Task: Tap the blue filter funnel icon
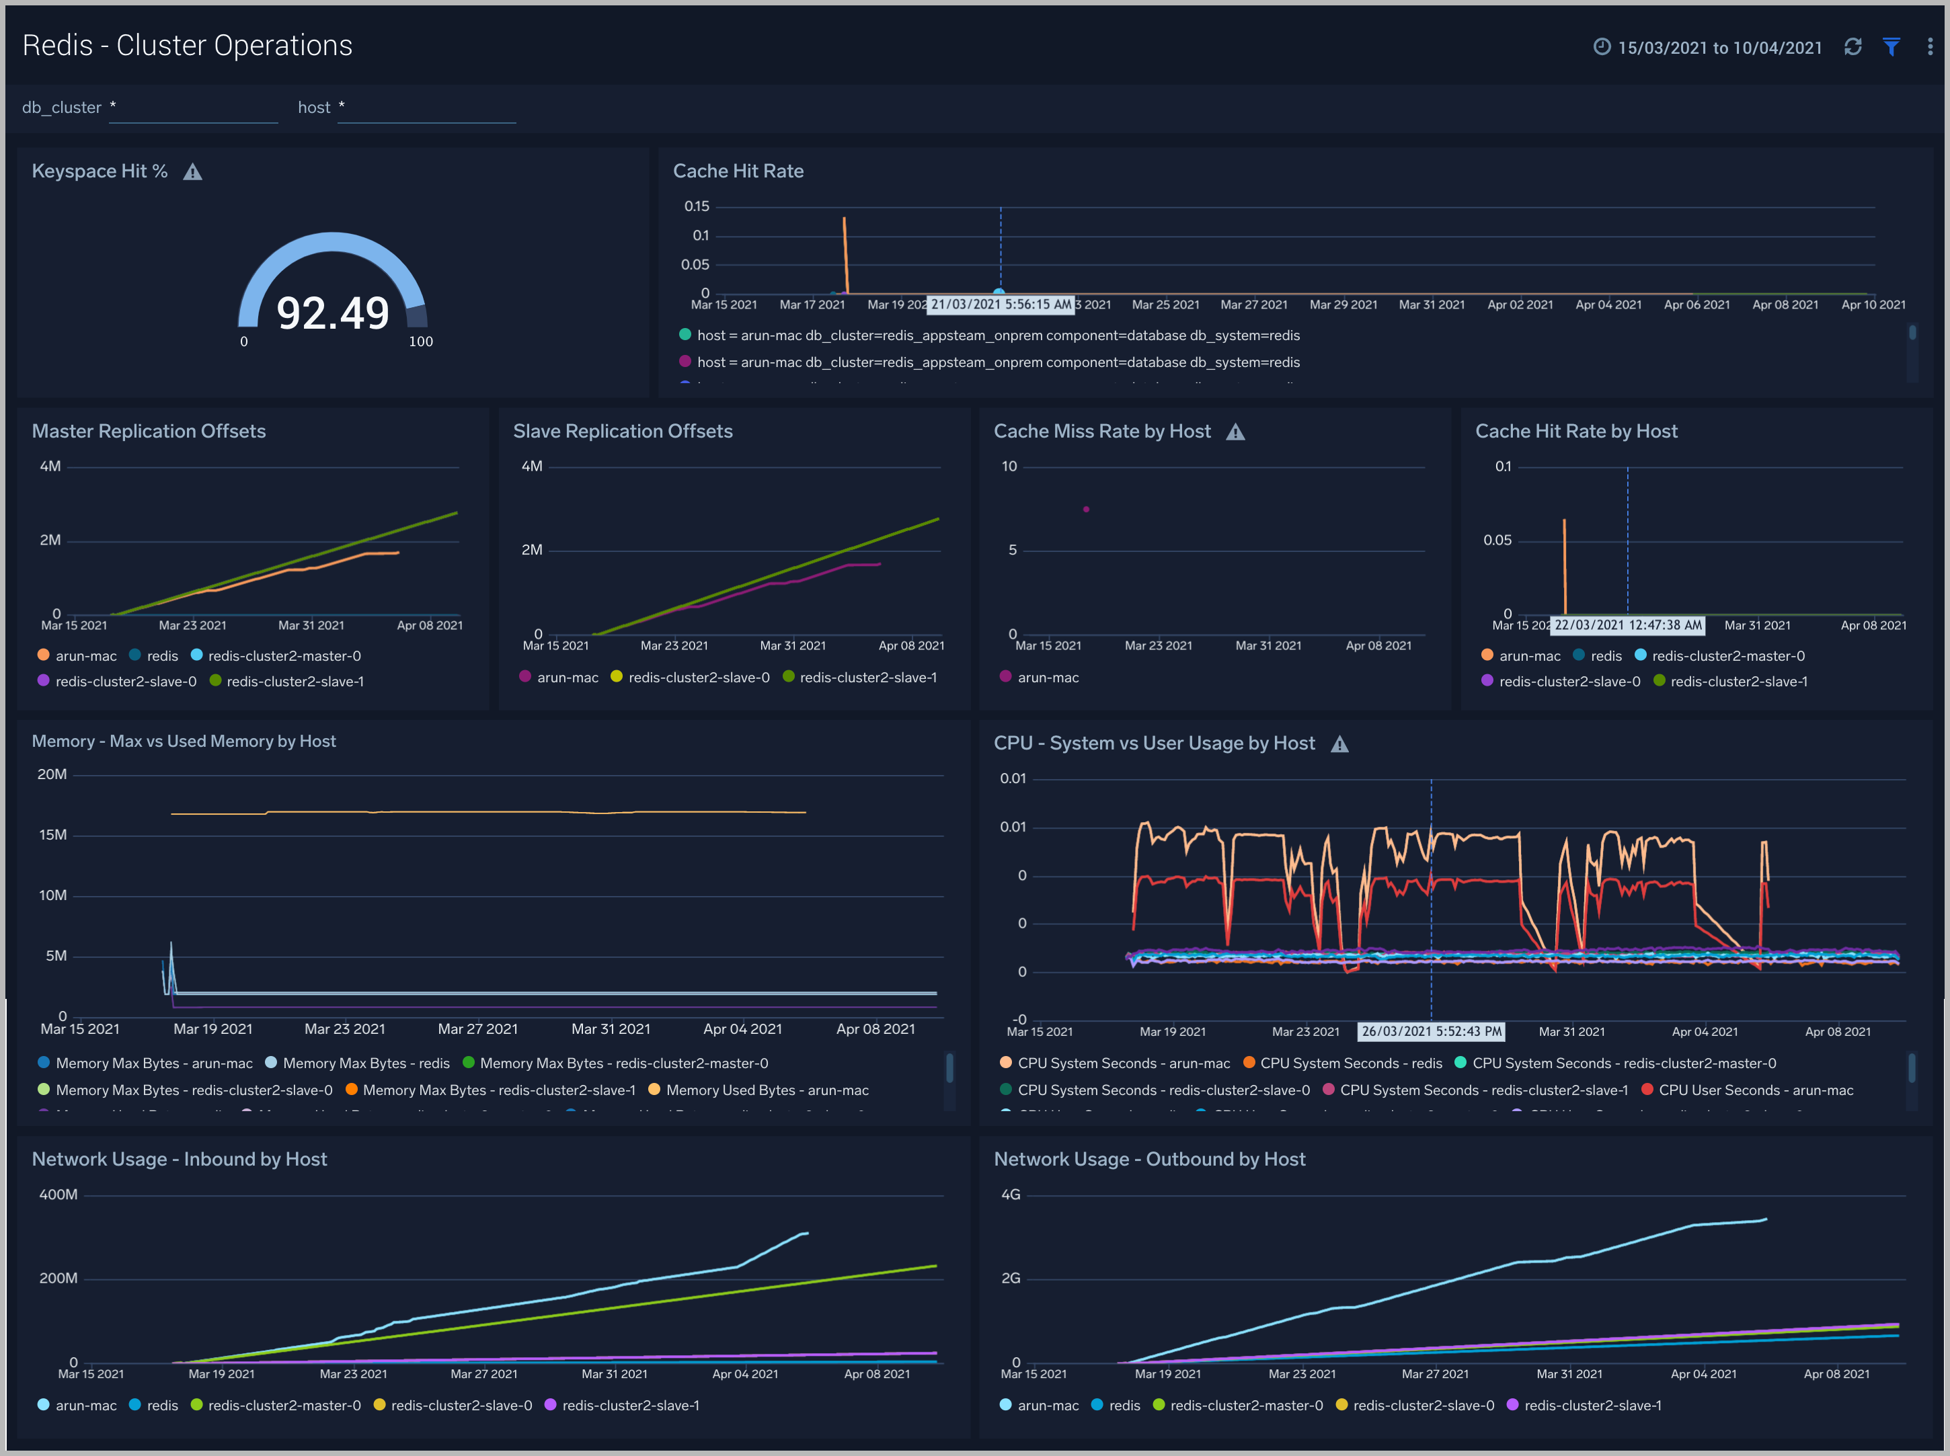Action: (1891, 46)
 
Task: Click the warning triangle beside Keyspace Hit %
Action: (192, 172)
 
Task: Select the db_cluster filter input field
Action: (193, 108)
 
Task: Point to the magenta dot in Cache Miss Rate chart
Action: (1086, 510)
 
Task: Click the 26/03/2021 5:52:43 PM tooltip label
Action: (1431, 1031)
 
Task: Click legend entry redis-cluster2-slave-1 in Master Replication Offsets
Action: (295, 682)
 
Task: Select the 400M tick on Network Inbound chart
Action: (58, 1195)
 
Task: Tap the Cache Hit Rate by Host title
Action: (1575, 431)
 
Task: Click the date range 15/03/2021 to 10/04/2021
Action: (1719, 48)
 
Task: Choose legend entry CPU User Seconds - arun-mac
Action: (1755, 1090)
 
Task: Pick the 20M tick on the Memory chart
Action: (52, 774)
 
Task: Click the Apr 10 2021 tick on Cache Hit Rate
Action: (1873, 305)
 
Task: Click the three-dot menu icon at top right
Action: (1930, 46)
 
